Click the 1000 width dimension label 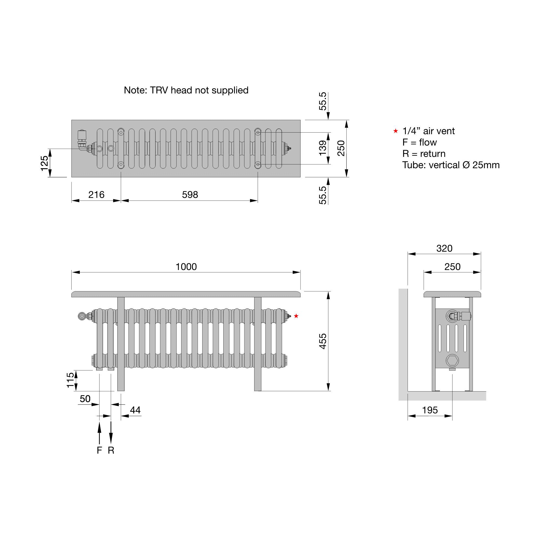(186, 267)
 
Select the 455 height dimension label (323, 341)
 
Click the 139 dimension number (323, 148)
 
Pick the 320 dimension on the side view (444, 248)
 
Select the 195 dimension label (430, 410)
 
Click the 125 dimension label (45, 163)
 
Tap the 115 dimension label (70, 380)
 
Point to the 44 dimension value (135, 410)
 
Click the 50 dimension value (85, 399)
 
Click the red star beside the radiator (296, 316)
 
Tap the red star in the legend (396, 131)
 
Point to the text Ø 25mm (481, 165)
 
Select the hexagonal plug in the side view (452, 360)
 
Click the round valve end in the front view (82, 316)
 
